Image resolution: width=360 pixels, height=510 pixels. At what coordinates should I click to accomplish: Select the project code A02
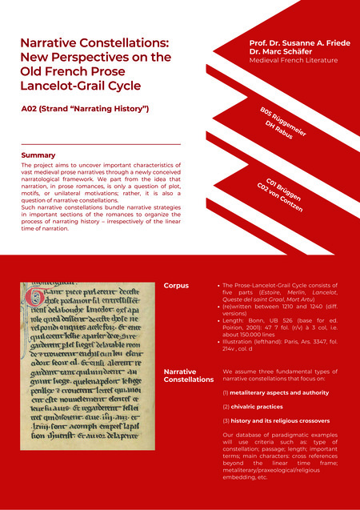coord(32,107)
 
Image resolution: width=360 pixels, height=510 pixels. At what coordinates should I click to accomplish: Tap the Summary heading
coord(38,155)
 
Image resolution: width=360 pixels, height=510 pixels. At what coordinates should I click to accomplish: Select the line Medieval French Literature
coord(293,60)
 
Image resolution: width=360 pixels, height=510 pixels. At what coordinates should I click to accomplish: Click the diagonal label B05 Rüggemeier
coord(283,119)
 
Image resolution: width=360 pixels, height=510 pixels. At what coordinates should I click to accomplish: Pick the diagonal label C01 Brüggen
coord(287,188)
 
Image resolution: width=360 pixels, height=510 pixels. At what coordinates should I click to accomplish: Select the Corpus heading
coord(176,285)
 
